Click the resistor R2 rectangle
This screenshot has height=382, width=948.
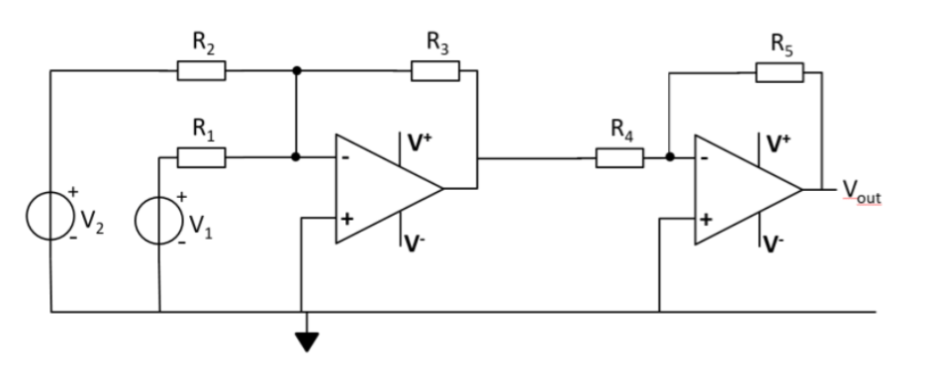click(201, 71)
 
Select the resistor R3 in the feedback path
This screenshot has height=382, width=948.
click(435, 71)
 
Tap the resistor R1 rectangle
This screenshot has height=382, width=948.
click(201, 157)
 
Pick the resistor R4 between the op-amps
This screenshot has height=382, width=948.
click(619, 157)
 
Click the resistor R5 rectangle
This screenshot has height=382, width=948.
click(780, 71)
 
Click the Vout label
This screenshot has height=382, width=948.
click(860, 190)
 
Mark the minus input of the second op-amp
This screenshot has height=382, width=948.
click(706, 158)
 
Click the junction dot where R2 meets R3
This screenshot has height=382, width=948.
click(296, 71)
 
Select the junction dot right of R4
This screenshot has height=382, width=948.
click(670, 156)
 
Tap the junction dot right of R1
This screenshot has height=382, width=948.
click(296, 156)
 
